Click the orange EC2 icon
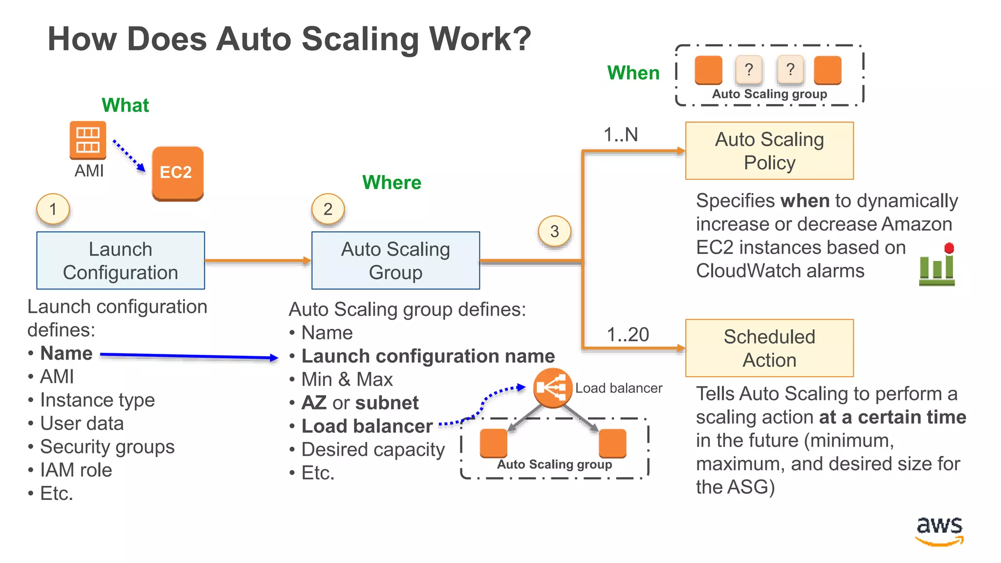click(177, 173)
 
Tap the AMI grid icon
click(88, 140)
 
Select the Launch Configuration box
click(121, 260)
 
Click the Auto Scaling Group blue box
click(395, 260)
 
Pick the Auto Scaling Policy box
click(769, 151)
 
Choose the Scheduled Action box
click(769, 348)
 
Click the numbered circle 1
click(53, 209)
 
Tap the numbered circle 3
click(554, 231)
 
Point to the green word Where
click(392, 182)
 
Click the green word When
click(633, 73)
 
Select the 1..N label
click(620, 134)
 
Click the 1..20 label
click(628, 335)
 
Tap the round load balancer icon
click(552, 388)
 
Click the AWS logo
click(939, 530)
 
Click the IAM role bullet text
click(76, 470)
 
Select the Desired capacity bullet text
click(373, 450)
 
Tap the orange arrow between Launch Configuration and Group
click(258, 260)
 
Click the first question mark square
click(748, 70)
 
